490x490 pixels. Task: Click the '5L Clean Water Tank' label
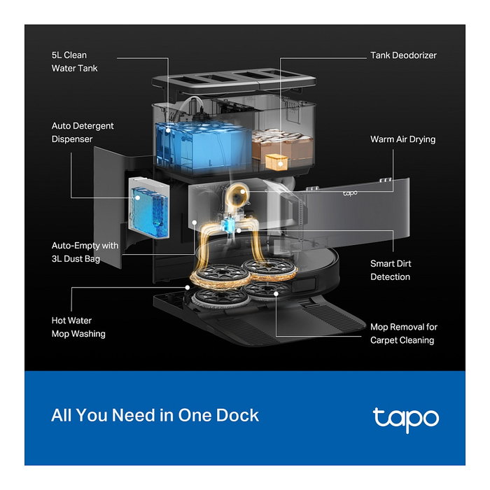coord(74,62)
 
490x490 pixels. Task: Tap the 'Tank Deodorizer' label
coord(402,55)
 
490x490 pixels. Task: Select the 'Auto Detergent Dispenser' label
coord(83,132)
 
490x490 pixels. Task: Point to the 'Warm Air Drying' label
coord(402,139)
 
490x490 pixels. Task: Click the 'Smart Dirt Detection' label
coord(390,270)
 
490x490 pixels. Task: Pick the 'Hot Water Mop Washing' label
coord(78,327)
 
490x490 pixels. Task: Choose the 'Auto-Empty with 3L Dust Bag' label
coord(85,252)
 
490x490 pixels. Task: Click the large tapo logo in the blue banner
coord(405,419)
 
